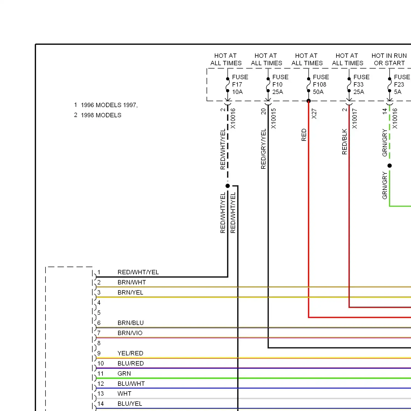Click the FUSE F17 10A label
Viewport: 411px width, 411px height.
click(240, 84)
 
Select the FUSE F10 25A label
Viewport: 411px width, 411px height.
click(280, 84)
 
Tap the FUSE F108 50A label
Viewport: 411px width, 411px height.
click(321, 84)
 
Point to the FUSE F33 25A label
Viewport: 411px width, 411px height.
click(361, 84)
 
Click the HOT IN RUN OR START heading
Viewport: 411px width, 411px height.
click(389, 59)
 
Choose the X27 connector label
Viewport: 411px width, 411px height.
click(314, 114)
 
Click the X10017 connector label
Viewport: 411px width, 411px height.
click(355, 119)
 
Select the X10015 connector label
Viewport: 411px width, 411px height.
click(273, 119)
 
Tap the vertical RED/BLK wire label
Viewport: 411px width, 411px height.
click(344, 142)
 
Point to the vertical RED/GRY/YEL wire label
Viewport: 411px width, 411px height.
click(263, 149)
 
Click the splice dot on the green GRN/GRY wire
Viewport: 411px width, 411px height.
click(390, 165)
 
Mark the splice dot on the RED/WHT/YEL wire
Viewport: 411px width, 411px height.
click(227, 186)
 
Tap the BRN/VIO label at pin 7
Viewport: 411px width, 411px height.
click(130, 333)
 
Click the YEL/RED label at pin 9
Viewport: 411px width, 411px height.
click(130, 353)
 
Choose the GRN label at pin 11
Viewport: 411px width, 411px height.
click(124, 373)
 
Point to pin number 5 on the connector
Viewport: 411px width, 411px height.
click(99, 313)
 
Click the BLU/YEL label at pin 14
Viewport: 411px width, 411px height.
click(130, 404)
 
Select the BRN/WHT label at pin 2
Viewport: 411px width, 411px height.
click(132, 282)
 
